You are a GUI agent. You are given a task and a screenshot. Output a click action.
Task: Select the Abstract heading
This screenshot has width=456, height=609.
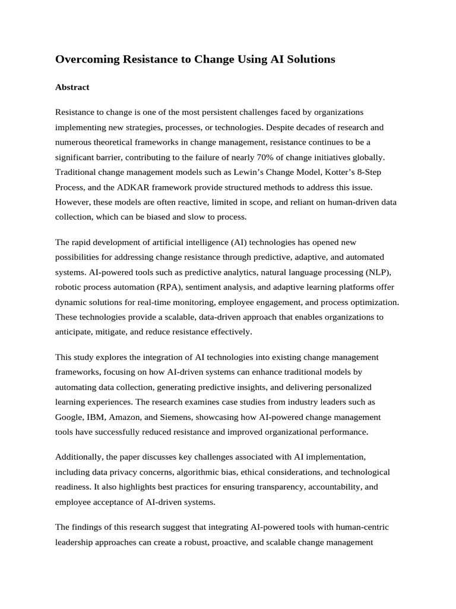click(72, 87)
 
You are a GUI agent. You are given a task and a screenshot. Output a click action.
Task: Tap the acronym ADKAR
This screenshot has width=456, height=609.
click(126, 187)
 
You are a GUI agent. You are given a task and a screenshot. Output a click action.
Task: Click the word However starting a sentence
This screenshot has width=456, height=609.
click(72, 202)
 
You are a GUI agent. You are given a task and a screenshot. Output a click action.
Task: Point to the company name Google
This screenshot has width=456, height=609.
click(70, 417)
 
